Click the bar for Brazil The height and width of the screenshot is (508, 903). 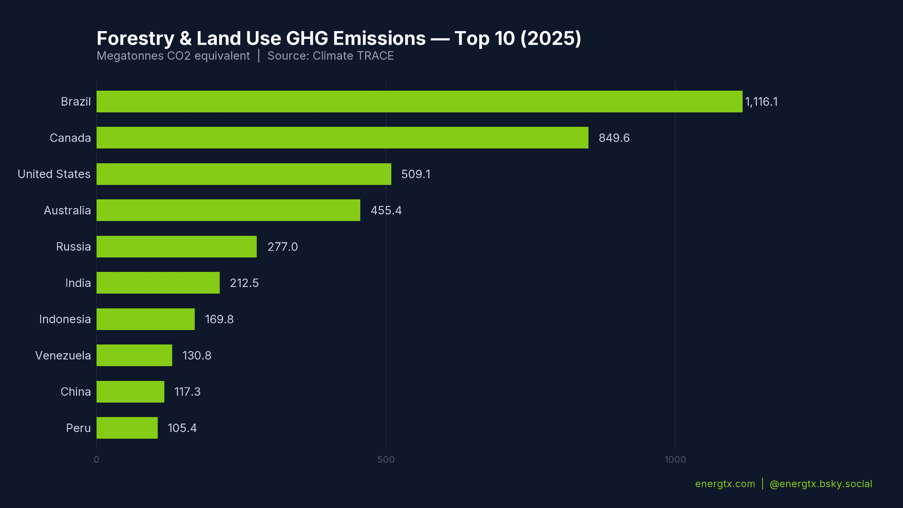click(419, 102)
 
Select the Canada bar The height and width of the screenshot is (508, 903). click(342, 138)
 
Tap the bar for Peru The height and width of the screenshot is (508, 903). click(127, 428)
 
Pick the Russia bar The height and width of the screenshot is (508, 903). click(176, 246)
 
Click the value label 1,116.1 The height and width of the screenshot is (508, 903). click(761, 102)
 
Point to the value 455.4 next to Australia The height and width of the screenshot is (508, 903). click(386, 210)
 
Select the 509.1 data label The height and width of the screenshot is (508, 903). click(415, 174)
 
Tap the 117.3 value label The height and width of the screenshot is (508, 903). click(187, 392)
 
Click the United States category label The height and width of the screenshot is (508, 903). click(54, 174)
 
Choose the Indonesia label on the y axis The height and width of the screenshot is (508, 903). click(65, 319)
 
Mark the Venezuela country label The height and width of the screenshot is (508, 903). click(63, 356)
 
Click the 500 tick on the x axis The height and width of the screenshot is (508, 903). click(386, 460)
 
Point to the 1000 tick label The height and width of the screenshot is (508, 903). click(675, 460)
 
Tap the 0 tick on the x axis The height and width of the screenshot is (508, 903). click(96, 460)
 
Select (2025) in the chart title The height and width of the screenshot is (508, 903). click(550, 39)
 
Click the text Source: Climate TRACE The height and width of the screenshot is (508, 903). click(330, 56)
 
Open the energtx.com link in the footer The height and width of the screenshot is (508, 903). click(725, 484)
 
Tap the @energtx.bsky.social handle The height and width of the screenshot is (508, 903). click(820, 484)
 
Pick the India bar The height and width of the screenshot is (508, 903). click(158, 283)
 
